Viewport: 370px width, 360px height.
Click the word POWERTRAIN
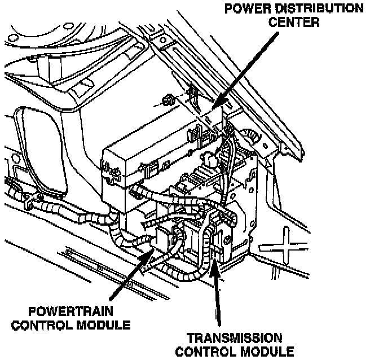(x=71, y=311)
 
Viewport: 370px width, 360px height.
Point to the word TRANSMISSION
(x=234, y=338)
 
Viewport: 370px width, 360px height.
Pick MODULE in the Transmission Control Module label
(x=265, y=352)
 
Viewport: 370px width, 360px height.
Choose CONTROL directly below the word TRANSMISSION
(x=206, y=352)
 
